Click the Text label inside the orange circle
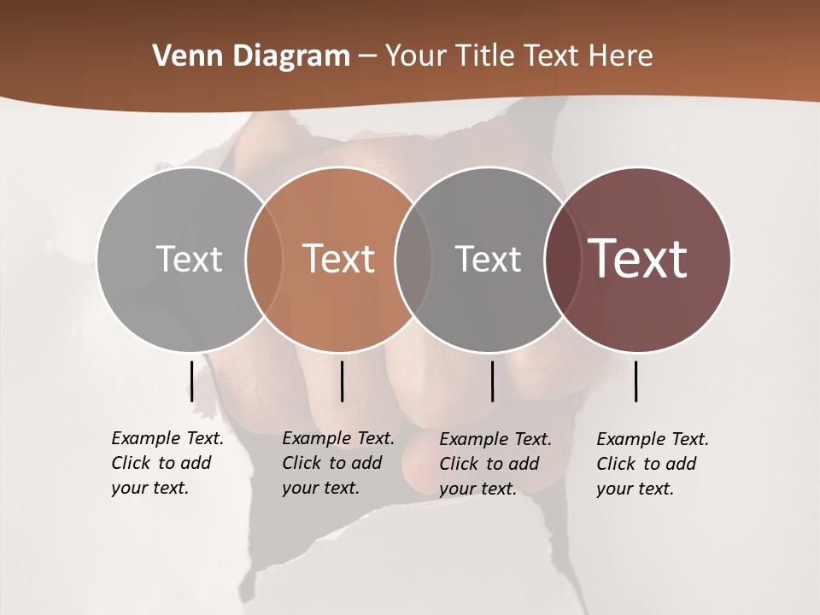point(339,259)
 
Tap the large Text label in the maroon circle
point(638,259)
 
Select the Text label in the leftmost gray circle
point(189,259)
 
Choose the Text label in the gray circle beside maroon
point(488,259)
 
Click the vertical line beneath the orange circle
point(342,381)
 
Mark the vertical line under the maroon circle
point(636,381)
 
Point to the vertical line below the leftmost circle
point(192,381)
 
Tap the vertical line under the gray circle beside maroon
point(493,381)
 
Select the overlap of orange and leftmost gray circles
point(264,259)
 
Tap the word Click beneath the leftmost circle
point(132,463)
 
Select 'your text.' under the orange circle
point(320,488)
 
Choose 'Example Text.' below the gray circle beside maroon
point(495,439)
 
